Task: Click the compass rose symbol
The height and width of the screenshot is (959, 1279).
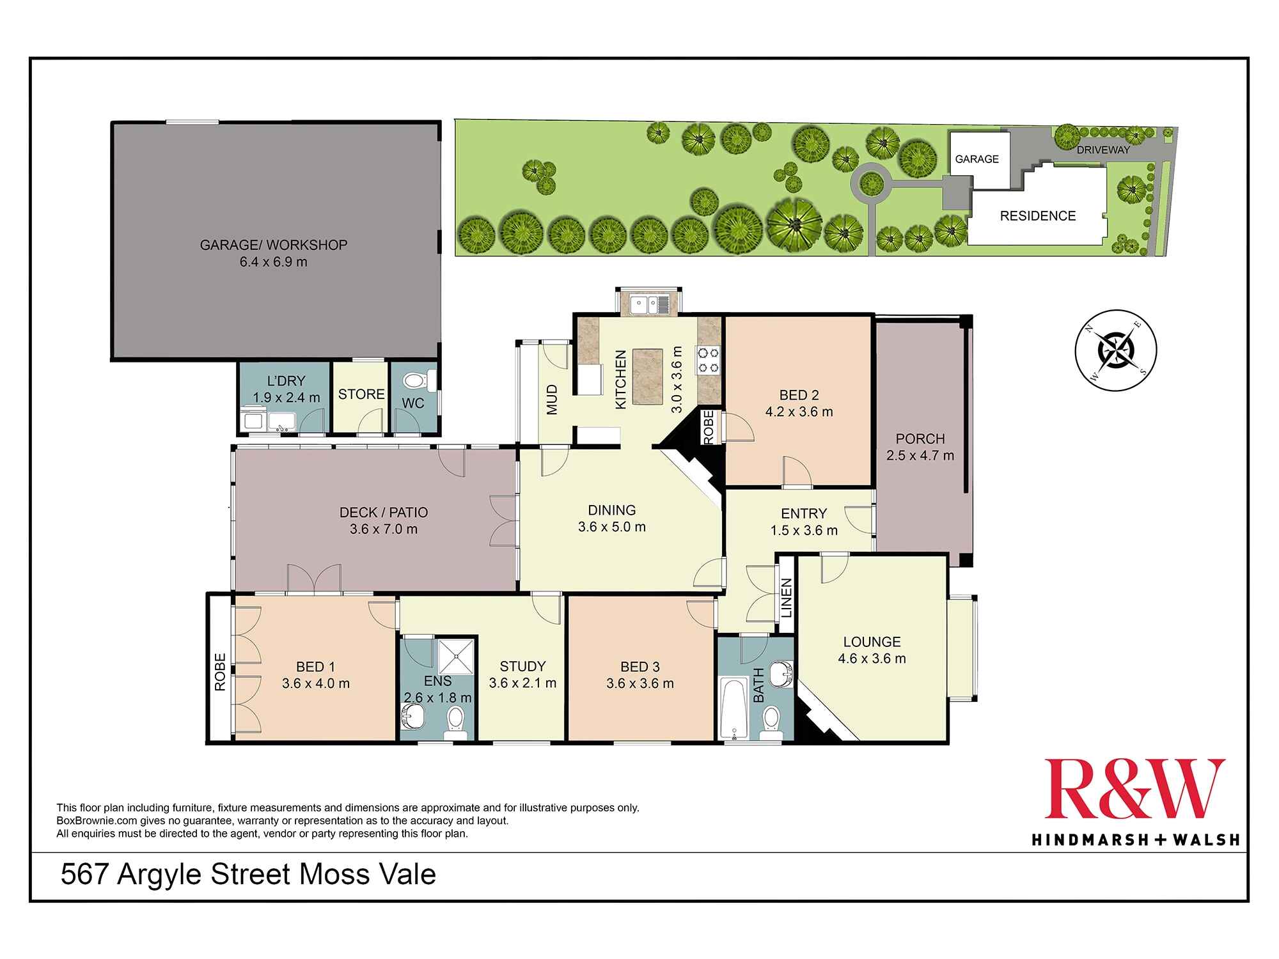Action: (1115, 350)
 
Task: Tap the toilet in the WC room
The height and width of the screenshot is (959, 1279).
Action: (416, 382)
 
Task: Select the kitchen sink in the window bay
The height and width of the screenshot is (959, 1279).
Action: (648, 304)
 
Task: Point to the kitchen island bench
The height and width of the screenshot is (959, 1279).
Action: (647, 377)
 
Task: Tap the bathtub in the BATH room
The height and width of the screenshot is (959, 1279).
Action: (733, 709)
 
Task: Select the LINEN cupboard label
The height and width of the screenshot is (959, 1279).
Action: (787, 598)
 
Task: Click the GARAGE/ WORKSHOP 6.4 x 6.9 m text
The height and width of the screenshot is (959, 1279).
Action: (273, 253)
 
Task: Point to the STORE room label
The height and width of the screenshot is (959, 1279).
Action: (361, 394)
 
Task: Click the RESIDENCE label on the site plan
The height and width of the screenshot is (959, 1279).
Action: (1037, 216)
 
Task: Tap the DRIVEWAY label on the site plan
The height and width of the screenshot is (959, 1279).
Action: (1103, 150)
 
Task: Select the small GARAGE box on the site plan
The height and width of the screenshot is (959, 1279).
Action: (977, 160)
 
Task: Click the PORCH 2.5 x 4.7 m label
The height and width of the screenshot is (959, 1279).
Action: (920, 447)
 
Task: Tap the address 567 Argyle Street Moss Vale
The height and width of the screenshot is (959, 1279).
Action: (248, 875)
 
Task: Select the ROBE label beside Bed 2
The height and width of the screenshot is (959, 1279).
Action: (709, 427)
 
